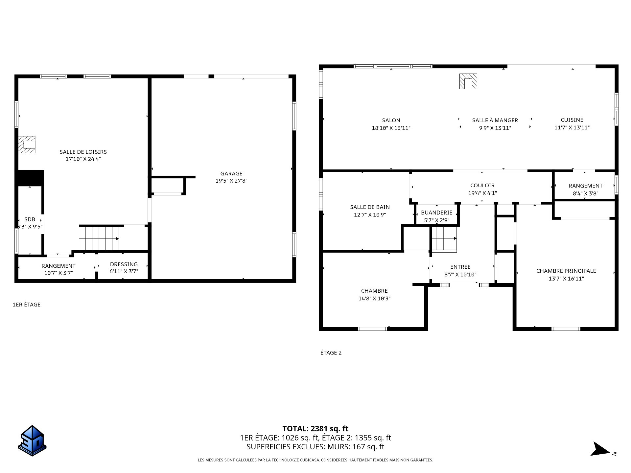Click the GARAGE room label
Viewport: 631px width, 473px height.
(x=231, y=173)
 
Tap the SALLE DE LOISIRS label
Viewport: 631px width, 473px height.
(x=83, y=152)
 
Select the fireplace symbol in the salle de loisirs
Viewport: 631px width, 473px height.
(x=27, y=145)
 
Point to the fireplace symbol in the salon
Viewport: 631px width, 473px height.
(x=468, y=81)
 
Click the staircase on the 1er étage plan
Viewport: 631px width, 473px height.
(x=99, y=238)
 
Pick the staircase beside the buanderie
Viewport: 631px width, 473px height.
(x=444, y=239)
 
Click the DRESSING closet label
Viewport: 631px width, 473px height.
(x=124, y=264)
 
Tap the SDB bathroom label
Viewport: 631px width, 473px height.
(x=30, y=219)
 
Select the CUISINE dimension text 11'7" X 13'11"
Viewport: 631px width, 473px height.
(x=572, y=128)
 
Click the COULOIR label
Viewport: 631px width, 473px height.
(x=482, y=186)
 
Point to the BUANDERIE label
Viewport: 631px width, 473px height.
(x=437, y=213)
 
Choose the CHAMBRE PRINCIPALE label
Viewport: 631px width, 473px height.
(x=566, y=271)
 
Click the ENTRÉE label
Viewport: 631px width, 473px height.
(x=460, y=267)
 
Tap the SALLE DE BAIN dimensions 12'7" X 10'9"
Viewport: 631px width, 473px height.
(x=370, y=215)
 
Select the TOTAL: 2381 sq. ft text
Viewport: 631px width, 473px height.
(x=315, y=429)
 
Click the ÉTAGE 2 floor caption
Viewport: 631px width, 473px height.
(x=331, y=353)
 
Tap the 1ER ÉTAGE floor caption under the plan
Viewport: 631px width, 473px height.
(x=27, y=304)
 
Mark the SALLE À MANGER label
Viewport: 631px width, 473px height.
(x=495, y=120)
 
